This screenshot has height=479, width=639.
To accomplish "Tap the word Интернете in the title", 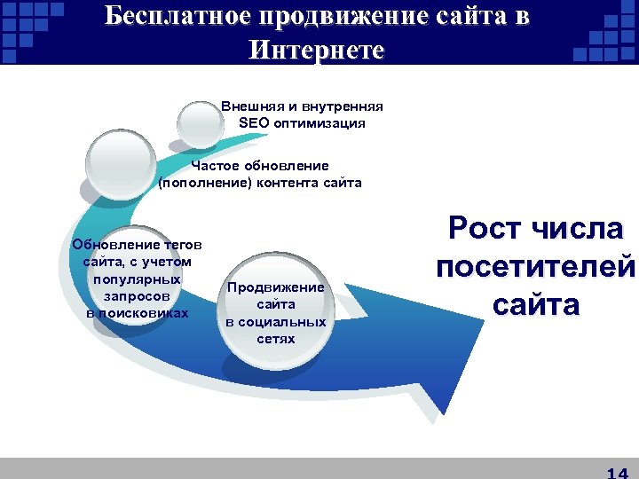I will (x=317, y=50).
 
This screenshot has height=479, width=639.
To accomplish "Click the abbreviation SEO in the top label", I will (x=255, y=123).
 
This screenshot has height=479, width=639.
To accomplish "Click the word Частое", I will (x=219, y=166).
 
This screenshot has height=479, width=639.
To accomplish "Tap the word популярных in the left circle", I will (x=138, y=278).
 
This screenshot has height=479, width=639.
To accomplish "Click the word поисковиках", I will (x=138, y=313).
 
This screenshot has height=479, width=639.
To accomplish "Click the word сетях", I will (x=276, y=339).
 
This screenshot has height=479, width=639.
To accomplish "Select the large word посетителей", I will (x=535, y=268).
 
